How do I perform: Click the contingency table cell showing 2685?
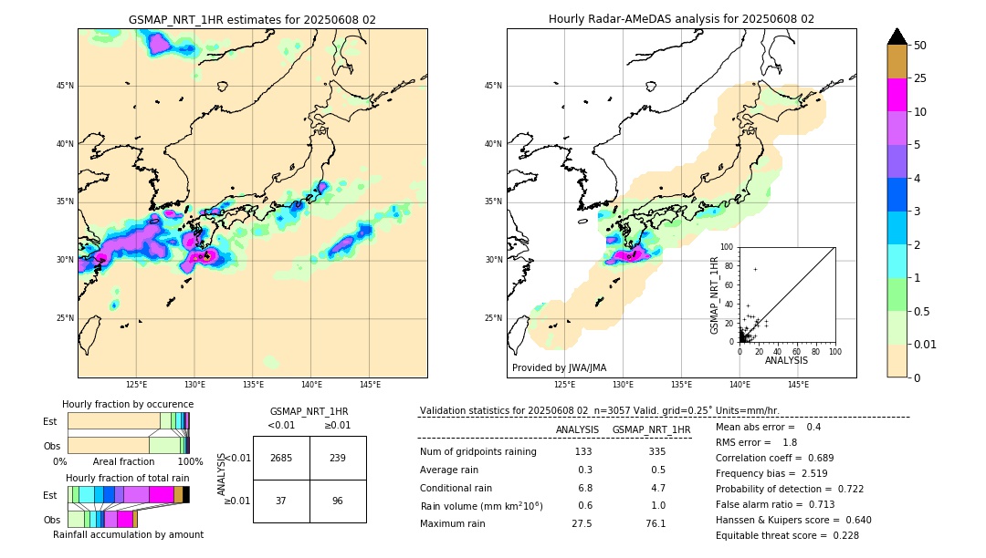tap(281, 458)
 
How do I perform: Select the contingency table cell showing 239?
tap(338, 458)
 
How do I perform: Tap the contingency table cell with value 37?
tap(281, 501)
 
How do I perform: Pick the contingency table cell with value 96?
tap(338, 501)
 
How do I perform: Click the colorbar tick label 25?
tap(920, 78)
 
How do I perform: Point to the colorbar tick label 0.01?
tap(926, 344)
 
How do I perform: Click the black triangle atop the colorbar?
tap(897, 36)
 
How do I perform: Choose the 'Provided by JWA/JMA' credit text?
tap(559, 367)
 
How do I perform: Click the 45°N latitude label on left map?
tap(64, 86)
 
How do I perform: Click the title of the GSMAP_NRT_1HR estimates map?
tap(252, 19)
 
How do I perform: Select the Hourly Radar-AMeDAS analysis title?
tap(681, 19)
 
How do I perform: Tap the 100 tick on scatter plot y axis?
tap(728, 247)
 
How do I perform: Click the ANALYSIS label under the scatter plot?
tap(786, 360)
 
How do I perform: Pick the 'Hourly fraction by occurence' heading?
tap(128, 404)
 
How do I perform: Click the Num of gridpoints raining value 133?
tap(583, 451)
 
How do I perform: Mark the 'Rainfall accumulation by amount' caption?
tap(128, 534)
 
